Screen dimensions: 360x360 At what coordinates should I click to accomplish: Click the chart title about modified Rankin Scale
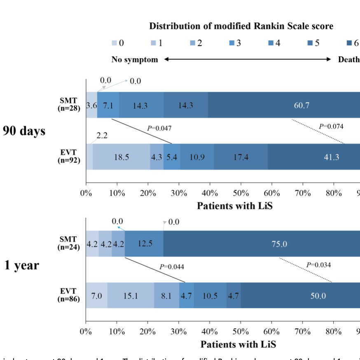coord(241,26)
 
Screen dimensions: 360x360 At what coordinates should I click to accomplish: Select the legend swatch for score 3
coord(231,43)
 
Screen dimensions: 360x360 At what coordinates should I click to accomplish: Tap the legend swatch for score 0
coord(114,43)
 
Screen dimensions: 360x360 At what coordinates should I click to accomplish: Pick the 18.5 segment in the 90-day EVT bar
coord(121,157)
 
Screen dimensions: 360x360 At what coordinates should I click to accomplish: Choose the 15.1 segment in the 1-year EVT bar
coord(131,296)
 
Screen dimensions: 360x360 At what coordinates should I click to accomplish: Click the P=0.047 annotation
coord(159,129)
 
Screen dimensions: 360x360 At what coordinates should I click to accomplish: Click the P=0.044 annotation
coord(172,267)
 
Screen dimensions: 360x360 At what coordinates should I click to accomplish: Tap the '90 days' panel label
coord(24,131)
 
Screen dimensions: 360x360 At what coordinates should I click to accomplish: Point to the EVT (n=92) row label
coord(69,157)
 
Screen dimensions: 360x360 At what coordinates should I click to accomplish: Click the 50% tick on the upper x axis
coord(241,193)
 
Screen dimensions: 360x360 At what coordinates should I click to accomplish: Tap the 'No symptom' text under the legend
coord(135,60)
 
